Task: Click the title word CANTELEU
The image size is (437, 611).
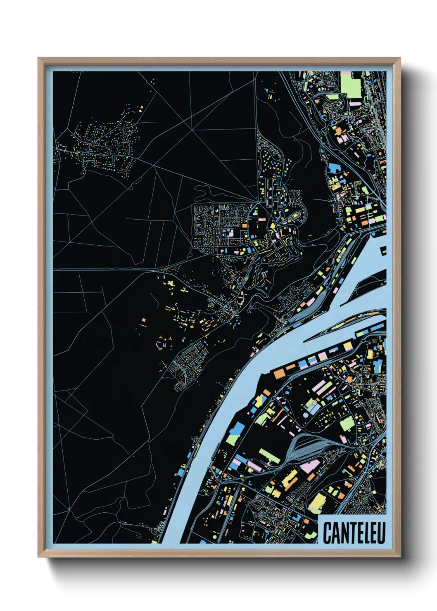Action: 354,533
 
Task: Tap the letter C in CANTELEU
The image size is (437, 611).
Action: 327,533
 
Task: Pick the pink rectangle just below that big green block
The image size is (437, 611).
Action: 354,102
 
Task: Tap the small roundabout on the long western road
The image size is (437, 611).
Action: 153,271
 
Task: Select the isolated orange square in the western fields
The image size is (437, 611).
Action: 144,320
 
